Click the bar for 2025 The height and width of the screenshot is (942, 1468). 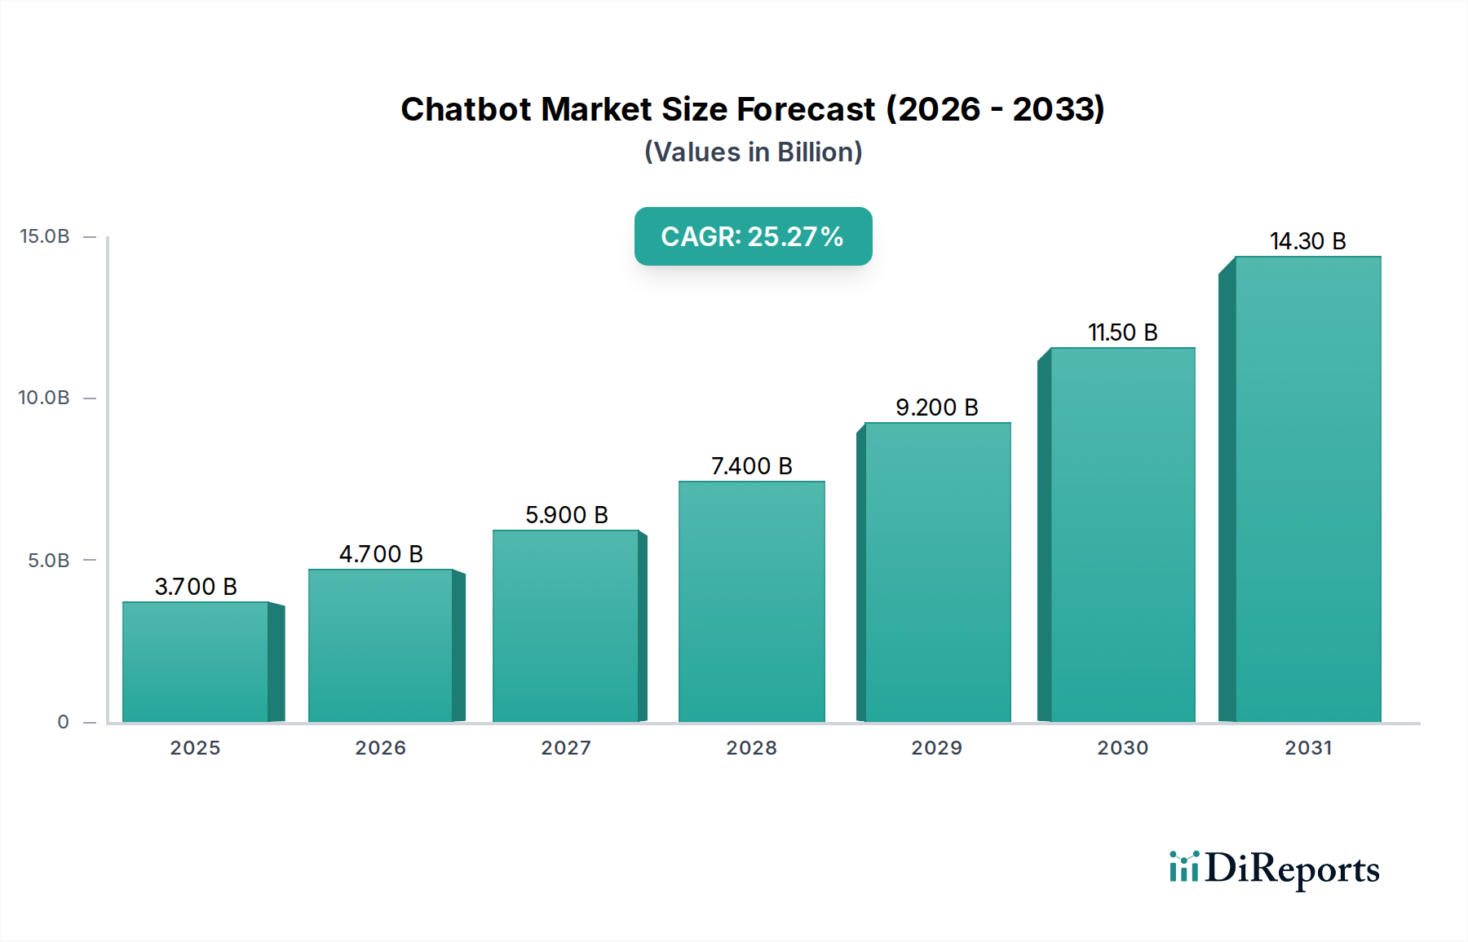pyautogui.click(x=196, y=662)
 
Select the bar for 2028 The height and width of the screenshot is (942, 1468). pyautogui.click(x=751, y=601)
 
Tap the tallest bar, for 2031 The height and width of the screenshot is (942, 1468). pyautogui.click(x=1307, y=489)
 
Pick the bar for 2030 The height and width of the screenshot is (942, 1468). pyautogui.click(x=1122, y=535)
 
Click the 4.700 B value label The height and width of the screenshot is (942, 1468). pyautogui.click(x=381, y=554)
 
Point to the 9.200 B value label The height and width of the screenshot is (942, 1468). pyautogui.click(x=936, y=407)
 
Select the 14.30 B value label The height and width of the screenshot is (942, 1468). pyautogui.click(x=1307, y=241)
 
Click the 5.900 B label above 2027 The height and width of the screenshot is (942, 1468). pyautogui.click(x=566, y=515)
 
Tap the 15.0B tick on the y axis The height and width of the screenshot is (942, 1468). pyautogui.click(x=45, y=236)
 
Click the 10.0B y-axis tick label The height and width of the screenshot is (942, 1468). pyautogui.click(x=44, y=398)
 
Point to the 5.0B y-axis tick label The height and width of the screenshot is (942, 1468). pyautogui.click(x=49, y=561)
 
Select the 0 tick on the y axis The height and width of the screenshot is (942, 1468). pyautogui.click(x=64, y=722)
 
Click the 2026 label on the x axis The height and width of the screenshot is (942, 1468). pyautogui.click(x=380, y=748)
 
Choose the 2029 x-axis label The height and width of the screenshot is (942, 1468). pyautogui.click(x=936, y=748)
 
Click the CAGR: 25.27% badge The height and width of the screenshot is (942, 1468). pyautogui.click(x=753, y=236)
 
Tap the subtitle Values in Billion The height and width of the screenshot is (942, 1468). pyautogui.click(x=753, y=152)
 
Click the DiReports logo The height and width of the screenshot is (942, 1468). pyautogui.click(x=1274, y=869)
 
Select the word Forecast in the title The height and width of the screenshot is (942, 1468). pyautogui.click(x=806, y=109)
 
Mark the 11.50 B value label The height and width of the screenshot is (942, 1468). pyautogui.click(x=1122, y=332)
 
